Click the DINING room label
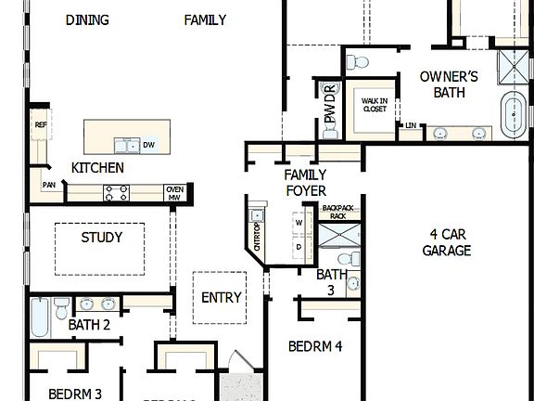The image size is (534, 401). tap(87, 20)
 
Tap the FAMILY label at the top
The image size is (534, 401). tap(205, 20)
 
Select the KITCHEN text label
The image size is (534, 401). tap(97, 168)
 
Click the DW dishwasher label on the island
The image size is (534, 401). tap(148, 145)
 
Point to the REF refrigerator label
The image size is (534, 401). tap(40, 124)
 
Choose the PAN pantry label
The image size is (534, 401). tap(48, 185)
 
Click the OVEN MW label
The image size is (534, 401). tap(174, 193)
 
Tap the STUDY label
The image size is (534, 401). tap(101, 238)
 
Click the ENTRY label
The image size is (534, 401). tap(222, 298)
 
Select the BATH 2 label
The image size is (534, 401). tap(89, 325)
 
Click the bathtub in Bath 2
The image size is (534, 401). tap(40, 317)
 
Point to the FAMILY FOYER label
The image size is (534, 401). tap(305, 183)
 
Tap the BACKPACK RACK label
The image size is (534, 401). tap(338, 213)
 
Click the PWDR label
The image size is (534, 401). tap(328, 104)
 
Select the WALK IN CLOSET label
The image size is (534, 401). tap(374, 105)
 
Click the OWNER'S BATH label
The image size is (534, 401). tap(449, 84)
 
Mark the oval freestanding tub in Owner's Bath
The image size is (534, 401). tap(512, 115)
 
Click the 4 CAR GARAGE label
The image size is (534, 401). tap(447, 242)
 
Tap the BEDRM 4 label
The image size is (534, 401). tap(315, 346)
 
